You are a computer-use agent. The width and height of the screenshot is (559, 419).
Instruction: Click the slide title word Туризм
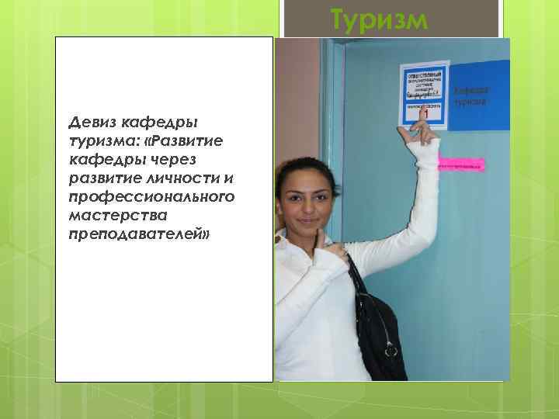tap(378, 19)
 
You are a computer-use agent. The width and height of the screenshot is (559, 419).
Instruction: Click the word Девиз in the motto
tap(92, 122)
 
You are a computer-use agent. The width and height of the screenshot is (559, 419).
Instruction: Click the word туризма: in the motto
tap(103, 140)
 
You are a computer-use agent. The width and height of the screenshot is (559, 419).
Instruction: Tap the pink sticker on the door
tap(462, 164)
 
